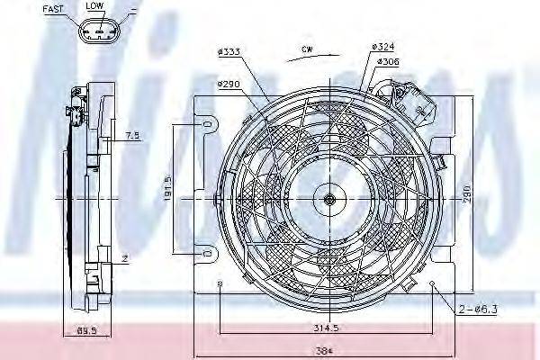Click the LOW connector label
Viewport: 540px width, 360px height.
(x=94, y=6)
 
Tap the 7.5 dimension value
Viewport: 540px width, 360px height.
(x=131, y=137)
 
